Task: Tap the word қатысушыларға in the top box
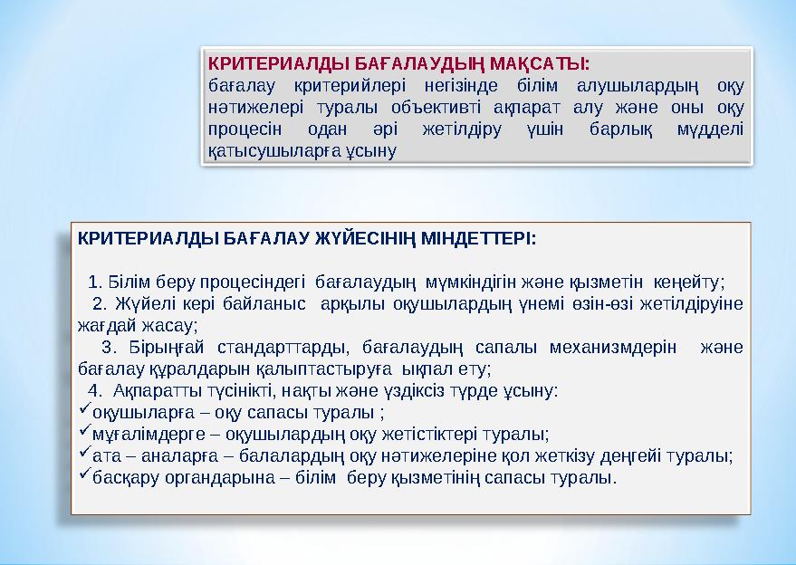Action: pos(261,148)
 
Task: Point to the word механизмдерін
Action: pos(615,347)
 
